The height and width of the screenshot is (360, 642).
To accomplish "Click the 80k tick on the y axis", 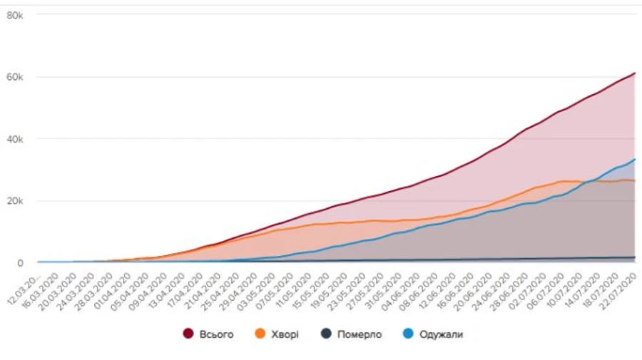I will pos(16,14).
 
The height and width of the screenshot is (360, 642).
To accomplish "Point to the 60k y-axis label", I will pos(16,77).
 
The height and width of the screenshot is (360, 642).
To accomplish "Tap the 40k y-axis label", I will pos(16,139).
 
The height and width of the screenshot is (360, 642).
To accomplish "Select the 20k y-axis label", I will pos(16,201).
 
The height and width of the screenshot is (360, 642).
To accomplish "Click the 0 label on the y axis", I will pos(21,263).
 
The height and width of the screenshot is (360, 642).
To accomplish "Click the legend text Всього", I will pos(217,334).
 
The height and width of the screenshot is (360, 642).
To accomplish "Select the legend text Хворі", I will pos(283,334).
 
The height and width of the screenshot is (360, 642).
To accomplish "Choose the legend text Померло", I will pos(360,334).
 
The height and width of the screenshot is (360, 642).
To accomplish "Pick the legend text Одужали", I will pos(443,334).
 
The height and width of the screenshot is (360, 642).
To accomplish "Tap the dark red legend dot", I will pos(189,334).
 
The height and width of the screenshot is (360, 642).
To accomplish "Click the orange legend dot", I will pos(260,334).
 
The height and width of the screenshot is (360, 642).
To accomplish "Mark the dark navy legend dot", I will pos(325,334).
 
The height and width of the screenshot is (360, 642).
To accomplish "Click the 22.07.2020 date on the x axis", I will pos(618,288).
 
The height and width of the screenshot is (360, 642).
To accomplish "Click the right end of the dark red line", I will pos(635,73).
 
